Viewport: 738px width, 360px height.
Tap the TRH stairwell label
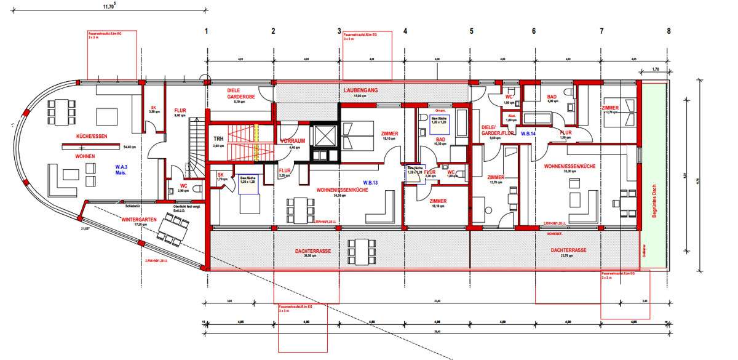coord(218,139)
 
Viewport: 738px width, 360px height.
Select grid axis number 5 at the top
coord(472,30)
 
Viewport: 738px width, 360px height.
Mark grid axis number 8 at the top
coord(668,30)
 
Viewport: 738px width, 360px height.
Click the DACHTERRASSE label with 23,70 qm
coord(568,250)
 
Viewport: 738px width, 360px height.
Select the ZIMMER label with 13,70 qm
coord(496,177)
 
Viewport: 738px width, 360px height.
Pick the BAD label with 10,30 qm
coord(440,140)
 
